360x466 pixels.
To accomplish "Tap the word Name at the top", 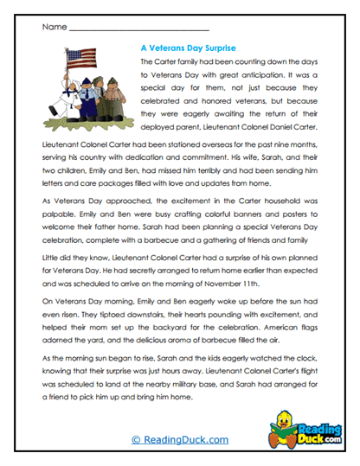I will [53, 28].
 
